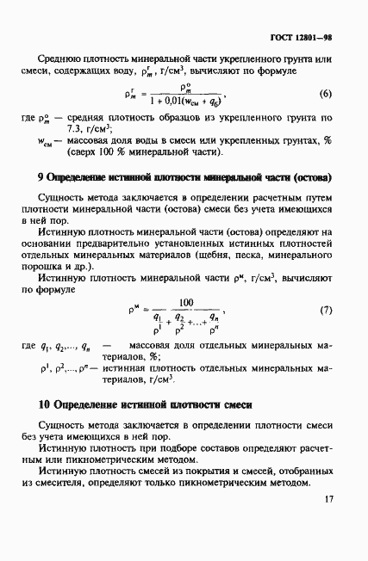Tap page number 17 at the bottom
coord(328,524)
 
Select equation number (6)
coord(324,93)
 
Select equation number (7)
coord(324,310)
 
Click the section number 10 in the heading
coord(44,404)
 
